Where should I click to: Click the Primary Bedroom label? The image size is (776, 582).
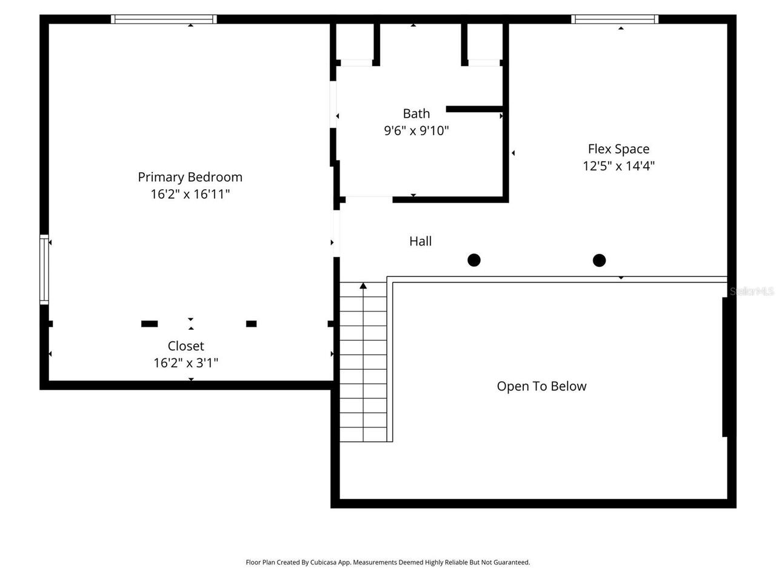[x=190, y=177]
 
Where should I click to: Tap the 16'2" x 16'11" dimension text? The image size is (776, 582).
[x=190, y=194]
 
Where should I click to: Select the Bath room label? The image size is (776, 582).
[x=416, y=113]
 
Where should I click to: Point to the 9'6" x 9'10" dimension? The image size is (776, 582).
[x=416, y=130]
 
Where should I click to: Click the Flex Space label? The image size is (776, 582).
[x=618, y=149]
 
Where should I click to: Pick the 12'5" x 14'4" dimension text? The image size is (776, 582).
[x=618, y=166]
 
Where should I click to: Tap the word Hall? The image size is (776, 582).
[x=420, y=241]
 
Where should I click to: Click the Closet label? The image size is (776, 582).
[x=186, y=346]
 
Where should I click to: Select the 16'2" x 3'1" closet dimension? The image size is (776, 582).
[x=186, y=363]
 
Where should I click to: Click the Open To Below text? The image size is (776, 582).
[x=541, y=386]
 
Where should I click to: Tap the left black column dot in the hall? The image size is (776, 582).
[x=474, y=260]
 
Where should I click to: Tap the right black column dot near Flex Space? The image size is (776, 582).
[x=599, y=260]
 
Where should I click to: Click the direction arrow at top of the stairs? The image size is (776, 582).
[x=363, y=286]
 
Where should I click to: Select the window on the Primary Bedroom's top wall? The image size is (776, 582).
[x=164, y=19]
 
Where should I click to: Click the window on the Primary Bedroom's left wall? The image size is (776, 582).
[x=44, y=269]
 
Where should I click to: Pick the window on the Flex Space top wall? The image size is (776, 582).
[x=615, y=19]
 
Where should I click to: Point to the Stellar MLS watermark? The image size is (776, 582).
[x=752, y=292]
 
